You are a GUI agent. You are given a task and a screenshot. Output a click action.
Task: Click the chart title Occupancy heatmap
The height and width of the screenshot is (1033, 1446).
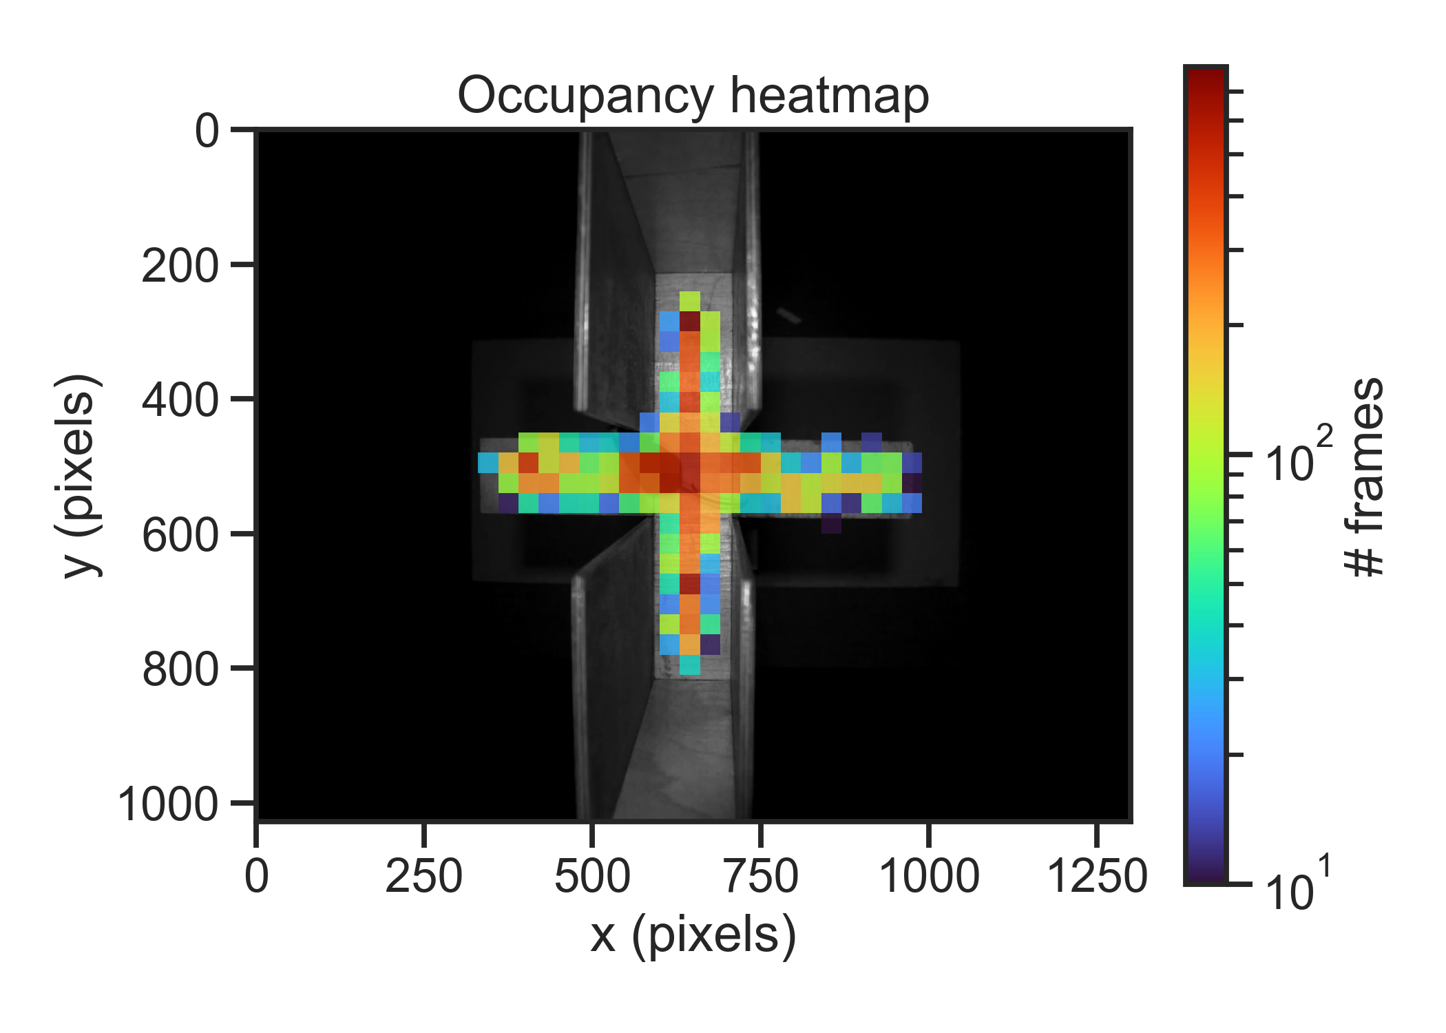pos(693,96)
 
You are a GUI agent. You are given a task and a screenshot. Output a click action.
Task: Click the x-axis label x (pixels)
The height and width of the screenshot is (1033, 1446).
pos(693,935)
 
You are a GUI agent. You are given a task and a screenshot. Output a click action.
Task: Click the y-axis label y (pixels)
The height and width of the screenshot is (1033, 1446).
pos(78,475)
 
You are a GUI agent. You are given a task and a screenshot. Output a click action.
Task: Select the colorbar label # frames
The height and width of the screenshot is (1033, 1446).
pos(1364,477)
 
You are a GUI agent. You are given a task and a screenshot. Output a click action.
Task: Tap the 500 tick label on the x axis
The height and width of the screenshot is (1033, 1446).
pos(592,877)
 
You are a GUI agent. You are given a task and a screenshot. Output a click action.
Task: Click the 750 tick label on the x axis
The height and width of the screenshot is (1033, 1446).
pos(760,877)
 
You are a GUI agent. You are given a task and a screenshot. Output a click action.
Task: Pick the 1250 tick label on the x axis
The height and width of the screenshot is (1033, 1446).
pos(1097,877)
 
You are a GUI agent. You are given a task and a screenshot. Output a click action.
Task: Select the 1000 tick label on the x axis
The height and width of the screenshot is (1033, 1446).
pos(929,877)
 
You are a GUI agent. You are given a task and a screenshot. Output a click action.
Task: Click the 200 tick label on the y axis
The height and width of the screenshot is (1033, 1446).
pos(180,265)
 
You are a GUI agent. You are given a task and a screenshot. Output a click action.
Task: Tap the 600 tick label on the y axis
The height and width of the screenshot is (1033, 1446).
pos(180,535)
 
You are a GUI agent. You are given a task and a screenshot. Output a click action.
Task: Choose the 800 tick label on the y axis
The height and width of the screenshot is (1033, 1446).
pos(180,669)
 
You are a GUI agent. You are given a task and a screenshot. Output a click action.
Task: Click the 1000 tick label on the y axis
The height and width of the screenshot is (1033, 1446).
pos(168,804)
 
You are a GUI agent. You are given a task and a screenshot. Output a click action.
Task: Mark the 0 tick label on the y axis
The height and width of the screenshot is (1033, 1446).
pos(207,131)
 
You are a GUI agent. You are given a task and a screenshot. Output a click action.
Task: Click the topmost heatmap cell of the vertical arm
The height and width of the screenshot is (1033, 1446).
pos(690,301)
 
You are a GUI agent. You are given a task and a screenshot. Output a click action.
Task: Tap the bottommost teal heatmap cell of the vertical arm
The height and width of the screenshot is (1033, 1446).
pos(690,665)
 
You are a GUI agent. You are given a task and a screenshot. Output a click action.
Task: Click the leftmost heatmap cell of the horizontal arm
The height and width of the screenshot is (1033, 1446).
pos(488,462)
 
